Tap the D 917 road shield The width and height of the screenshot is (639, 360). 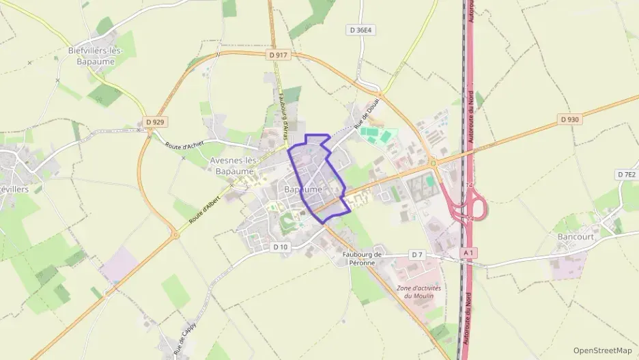[279, 55]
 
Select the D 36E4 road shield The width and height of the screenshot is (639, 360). [362, 30]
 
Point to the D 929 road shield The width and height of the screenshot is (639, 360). [156, 122]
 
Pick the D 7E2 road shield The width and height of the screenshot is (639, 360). [625, 175]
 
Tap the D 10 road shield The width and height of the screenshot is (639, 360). [281, 247]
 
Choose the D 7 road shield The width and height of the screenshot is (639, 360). [418, 255]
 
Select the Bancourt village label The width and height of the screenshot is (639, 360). [576, 236]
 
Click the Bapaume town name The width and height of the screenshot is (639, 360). [303, 189]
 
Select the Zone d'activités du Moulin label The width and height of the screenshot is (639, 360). [418, 292]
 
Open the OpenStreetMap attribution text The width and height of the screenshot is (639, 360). [602, 350]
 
